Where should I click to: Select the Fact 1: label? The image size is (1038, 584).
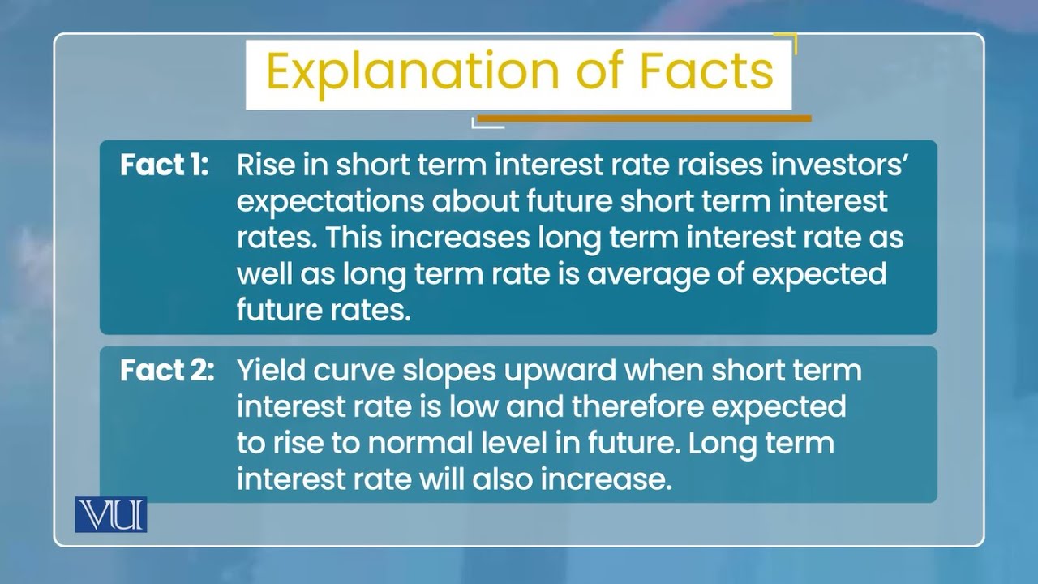pyautogui.click(x=165, y=165)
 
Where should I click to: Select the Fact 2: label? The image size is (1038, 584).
pyautogui.click(x=167, y=371)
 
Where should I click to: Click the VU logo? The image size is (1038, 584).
pyautogui.click(x=111, y=514)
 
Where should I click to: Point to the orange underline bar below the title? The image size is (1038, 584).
pyautogui.click(x=644, y=118)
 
